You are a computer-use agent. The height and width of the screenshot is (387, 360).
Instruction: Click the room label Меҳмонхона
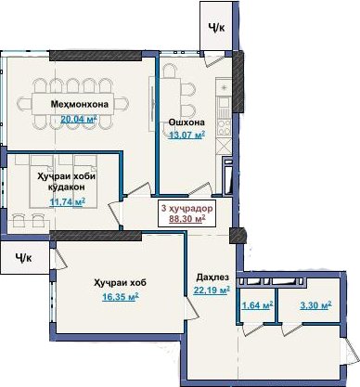[x=80, y=104]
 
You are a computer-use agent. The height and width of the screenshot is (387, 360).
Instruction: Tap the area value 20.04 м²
[x=79, y=119]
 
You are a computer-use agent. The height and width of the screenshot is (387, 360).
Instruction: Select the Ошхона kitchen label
[x=186, y=123]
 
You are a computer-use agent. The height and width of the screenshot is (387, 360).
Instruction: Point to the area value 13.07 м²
[x=186, y=135]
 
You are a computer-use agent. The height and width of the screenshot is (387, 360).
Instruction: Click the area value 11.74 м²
[x=68, y=202]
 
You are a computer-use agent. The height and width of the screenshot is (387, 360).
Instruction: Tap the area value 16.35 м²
[x=121, y=297]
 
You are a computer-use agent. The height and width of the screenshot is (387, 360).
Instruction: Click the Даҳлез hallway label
[x=212, y=277]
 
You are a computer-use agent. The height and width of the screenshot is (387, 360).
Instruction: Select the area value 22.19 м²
[x=212, y=290]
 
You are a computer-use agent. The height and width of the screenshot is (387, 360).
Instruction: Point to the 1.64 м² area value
[x=257, y=305]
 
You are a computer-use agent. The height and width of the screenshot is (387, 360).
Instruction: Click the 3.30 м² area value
[x=315, y=305]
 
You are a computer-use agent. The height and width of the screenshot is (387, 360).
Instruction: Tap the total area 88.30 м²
[x=187, y=219]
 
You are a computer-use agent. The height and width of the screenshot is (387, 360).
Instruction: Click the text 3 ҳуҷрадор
[x=187, y=209]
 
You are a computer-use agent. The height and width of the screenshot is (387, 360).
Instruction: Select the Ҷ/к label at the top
[x=216, y=28]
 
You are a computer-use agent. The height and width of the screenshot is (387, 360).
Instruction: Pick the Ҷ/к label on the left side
[x=23, y=257]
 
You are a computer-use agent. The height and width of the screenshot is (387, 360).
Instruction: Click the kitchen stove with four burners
[x=224, y=128]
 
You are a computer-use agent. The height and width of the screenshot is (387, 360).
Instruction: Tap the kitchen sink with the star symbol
[x=224, y=87]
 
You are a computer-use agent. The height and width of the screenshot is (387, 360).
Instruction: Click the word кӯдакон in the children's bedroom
[x=67, y=187]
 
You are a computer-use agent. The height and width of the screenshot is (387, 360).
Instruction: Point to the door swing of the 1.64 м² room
[x=252, y=329]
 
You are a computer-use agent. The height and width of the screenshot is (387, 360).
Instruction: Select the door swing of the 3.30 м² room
[x=292, y=329]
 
